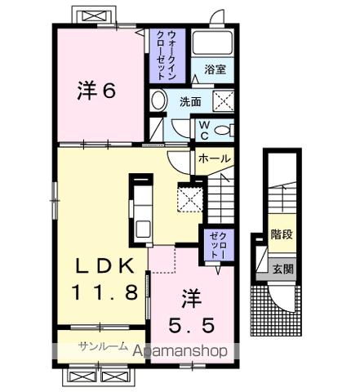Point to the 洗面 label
pyautogui.click(x=190, y=103)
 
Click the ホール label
pyautogui.click(x=215, y=158)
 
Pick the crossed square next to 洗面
pyautogui.click(x=223, y=101)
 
